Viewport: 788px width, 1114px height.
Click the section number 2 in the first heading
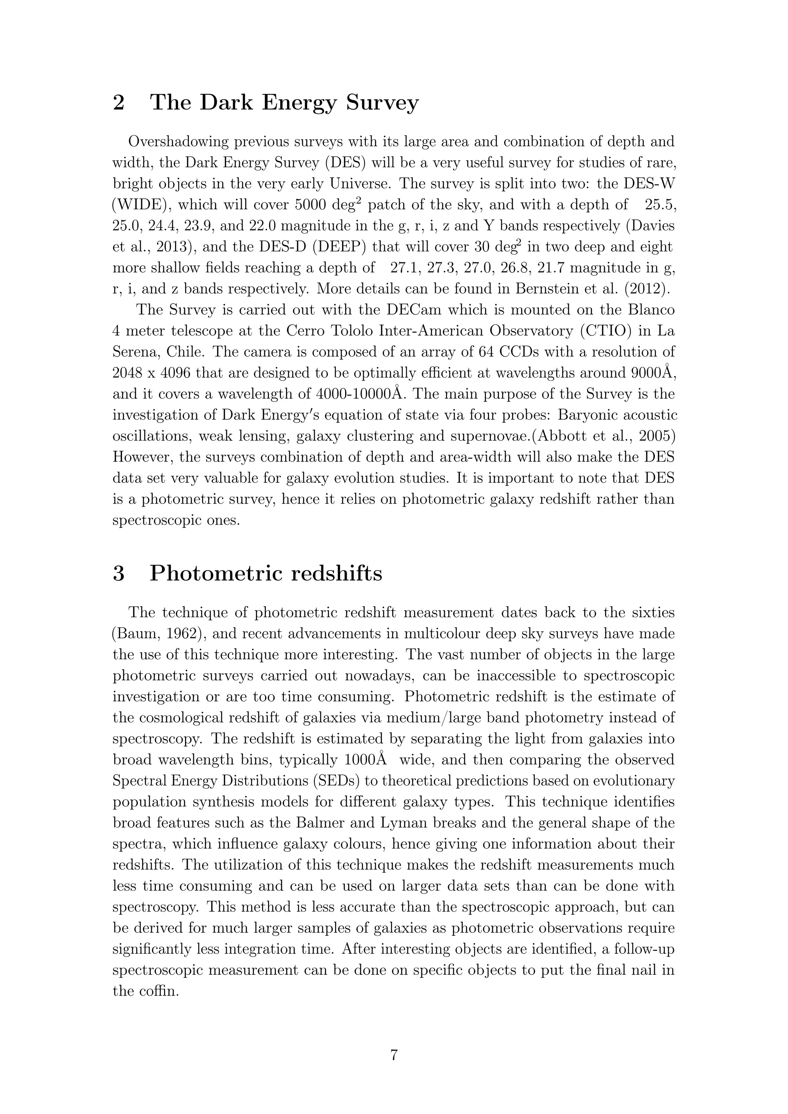(x=119, y=103)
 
